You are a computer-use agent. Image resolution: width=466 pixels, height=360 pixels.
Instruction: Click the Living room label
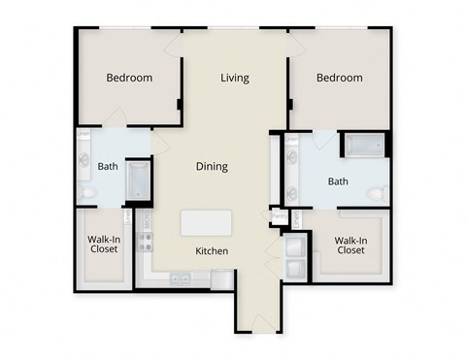234,78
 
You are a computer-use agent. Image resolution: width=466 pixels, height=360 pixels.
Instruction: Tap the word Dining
212,166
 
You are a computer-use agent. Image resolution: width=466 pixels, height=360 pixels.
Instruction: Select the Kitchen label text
212,251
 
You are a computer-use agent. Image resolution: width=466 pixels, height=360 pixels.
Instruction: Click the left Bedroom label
129,78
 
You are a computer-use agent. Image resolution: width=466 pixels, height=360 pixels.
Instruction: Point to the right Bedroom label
340,78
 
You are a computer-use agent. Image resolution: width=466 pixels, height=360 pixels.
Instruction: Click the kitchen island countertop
207,222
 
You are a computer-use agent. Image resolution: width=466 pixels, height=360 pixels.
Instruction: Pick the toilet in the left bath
86,193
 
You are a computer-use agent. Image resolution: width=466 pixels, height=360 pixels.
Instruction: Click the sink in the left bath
84,161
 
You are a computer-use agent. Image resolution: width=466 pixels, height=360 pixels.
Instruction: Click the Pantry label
275,216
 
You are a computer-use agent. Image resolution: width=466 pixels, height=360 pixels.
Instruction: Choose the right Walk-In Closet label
349,245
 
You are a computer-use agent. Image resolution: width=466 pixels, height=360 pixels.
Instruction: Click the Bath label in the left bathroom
108,166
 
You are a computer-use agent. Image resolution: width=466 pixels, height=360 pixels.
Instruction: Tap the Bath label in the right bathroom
338,180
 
